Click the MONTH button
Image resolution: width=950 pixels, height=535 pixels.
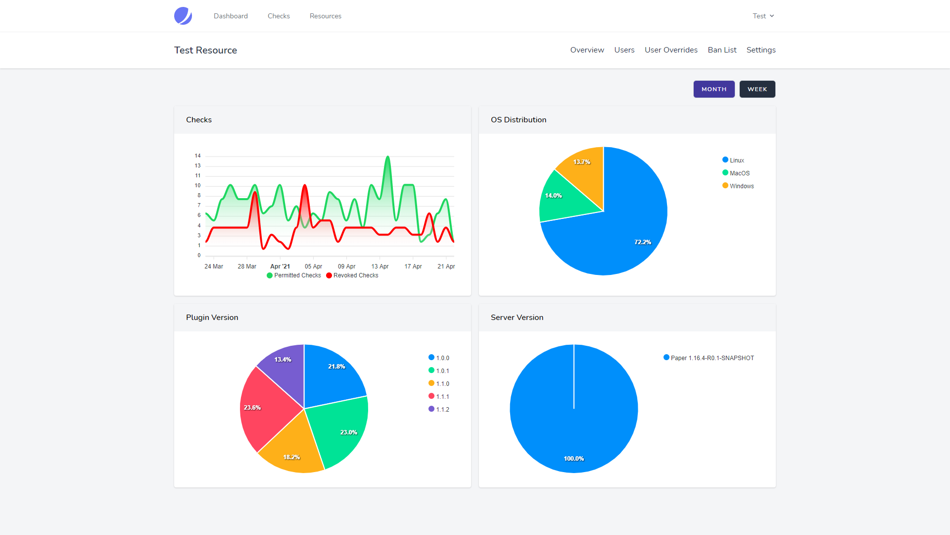coord(713,89)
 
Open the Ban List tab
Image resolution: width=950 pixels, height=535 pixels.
coord(722,50)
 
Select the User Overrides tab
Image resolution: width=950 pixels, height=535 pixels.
coord(670,50)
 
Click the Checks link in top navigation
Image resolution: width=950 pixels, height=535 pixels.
coord(279,16)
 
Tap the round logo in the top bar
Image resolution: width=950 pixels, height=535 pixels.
coord(183,16)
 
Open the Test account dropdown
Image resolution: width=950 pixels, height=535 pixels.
coord(763,16)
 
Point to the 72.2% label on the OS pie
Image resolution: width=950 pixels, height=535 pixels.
coord(642,242)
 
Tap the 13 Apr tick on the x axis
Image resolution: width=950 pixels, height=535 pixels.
coord(380,267)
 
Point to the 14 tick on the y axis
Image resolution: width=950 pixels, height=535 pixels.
coord(197,156)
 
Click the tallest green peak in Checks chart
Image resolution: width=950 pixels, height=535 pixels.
coord(387,158)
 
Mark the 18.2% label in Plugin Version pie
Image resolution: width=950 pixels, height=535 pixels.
coord(291,457)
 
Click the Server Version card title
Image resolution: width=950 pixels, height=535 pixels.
coord(517,318)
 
